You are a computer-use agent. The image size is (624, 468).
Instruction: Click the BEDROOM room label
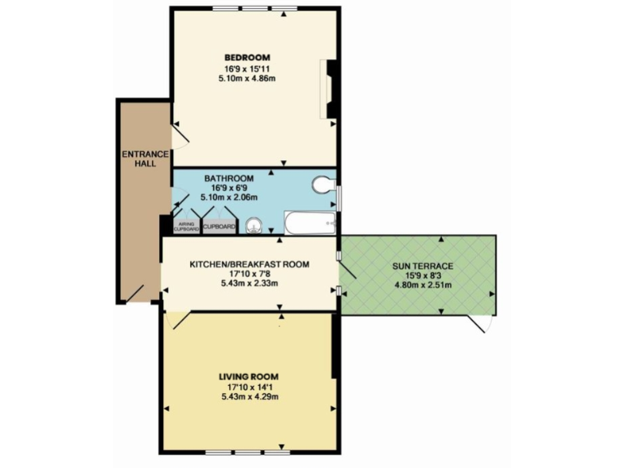247,57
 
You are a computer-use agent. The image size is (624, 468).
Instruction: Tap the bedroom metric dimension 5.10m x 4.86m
247,78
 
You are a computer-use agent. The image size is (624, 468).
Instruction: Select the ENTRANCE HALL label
145,158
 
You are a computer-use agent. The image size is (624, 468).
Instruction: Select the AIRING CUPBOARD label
186,227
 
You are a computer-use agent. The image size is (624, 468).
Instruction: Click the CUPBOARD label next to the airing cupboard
219,227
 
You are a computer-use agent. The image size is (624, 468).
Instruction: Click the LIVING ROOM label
249,376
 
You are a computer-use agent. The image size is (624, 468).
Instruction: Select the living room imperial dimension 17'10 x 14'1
249,387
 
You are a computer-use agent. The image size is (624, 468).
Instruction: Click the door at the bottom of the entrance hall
135,293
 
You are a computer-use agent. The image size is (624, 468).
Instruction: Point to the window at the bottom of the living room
247,451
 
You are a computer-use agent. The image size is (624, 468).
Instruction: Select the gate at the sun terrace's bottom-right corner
483,324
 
